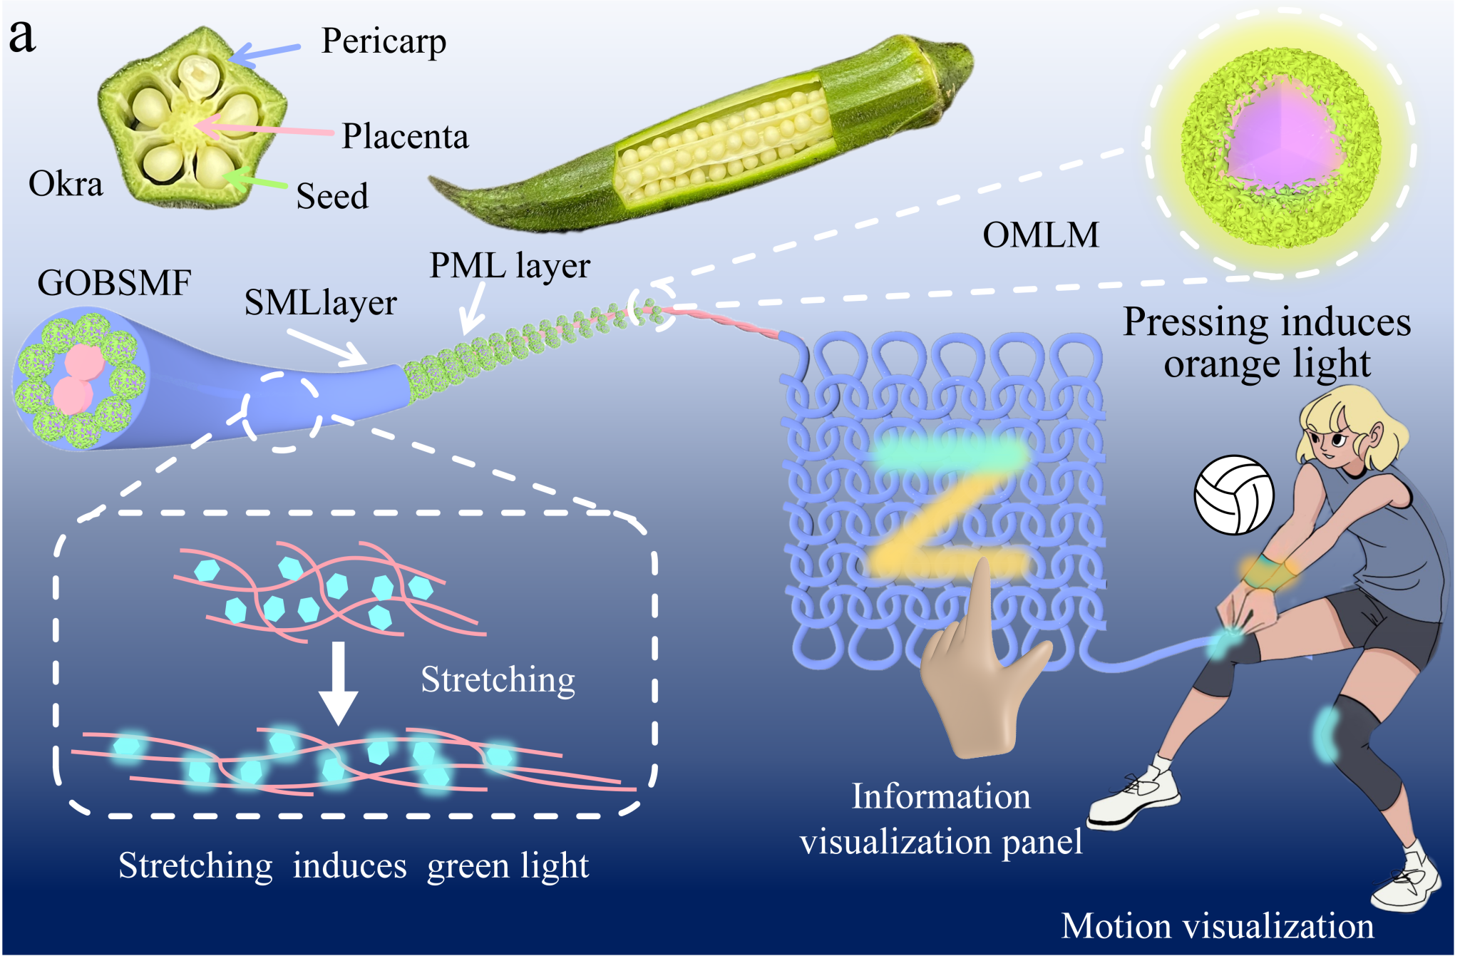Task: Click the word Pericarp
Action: tap(384, 41)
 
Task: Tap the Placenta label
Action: tap(405, 136)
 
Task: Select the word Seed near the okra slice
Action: tap(332, 196)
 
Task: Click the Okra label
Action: tap(66, 184)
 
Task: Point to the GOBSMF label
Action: tap(114, 283)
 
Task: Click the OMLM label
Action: tap(1041, 235)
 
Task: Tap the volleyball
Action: tap(1234, 495)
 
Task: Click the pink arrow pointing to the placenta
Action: tap(264, 129)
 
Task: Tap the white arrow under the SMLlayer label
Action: tap(328, 349)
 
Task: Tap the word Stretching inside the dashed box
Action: tap(498, 679)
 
